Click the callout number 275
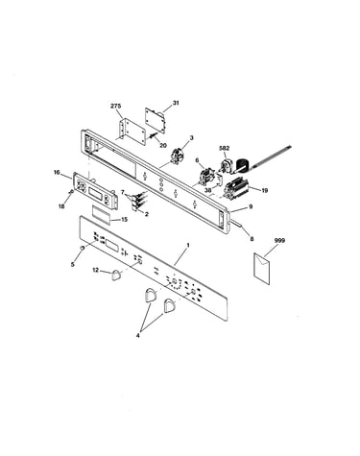tap(116, 106)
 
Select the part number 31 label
tap(176, 103)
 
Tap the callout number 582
tap(225, 148)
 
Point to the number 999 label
tap(279, 240)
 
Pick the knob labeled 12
tap(117, 275)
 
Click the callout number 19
tap(264, 190)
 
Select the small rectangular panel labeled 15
tap(102, 213)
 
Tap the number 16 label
tap(57, 173)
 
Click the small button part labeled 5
tap(83, 248)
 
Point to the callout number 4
tap(137, 336)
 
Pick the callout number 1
tap(188, 245)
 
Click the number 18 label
tap(61, 206)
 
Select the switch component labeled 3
tap(178, 156)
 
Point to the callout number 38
tap(208, 189)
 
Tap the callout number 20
tap(163, 145)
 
